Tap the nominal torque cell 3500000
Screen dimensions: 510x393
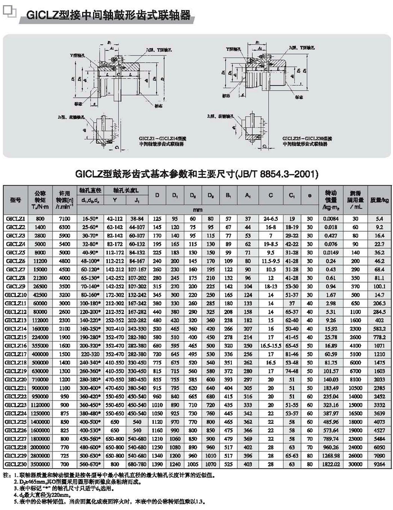[40, 464]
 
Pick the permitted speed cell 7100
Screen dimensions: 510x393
[64, 219]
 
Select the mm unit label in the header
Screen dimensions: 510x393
[198, 210]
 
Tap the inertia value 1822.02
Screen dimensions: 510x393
[331, 464]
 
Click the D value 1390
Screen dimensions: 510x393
[157, 464]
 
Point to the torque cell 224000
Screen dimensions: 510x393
[40, 337]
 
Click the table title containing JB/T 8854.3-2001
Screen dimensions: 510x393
[196, 173]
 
